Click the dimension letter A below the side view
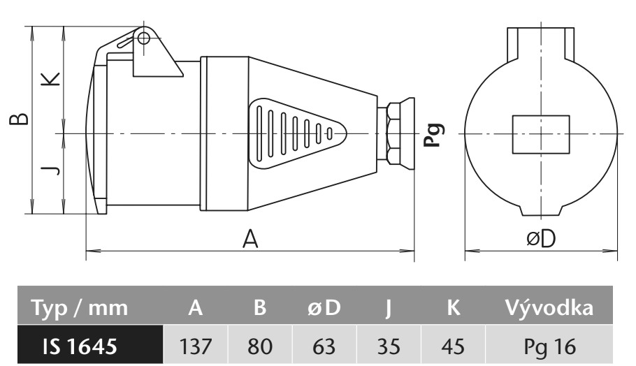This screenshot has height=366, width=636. [x=250, y=239]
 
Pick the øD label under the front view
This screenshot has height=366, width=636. [x=540, y=239]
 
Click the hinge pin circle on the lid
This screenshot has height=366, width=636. [x=143, y=37]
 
